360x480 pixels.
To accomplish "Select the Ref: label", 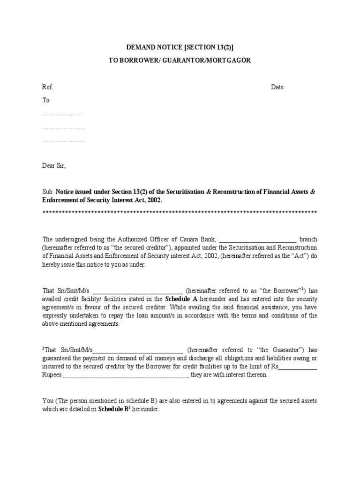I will pos(48,88).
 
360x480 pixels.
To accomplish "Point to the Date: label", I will pos(278,88).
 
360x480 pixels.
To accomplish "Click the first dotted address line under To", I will pos(62,114).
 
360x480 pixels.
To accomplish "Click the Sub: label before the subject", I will pos(48,192).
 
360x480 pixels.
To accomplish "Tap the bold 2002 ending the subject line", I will pos(154,200).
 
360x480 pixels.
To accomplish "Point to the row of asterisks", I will pos(180,213).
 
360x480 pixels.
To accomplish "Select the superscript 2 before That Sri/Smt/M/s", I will pos(44,348).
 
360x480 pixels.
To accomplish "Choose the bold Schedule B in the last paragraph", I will pos(114,409).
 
